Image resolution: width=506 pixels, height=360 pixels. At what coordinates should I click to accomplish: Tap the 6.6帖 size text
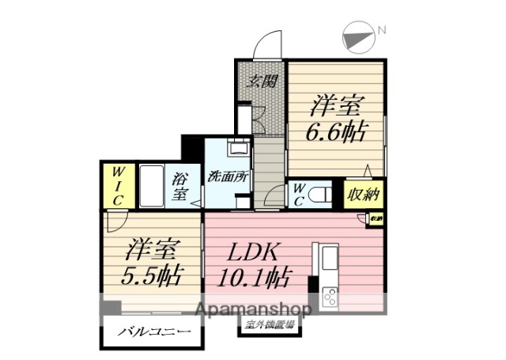pyautogui.click(x=336, y=131)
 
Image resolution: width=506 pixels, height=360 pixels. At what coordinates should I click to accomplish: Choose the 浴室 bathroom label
pyautogui.click(x=180, y=186)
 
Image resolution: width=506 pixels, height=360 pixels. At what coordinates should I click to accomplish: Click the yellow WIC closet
pyautogui.click(x=117, y=185)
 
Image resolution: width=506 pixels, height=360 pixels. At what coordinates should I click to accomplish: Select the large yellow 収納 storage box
pyautogui.click(x=364, y=194)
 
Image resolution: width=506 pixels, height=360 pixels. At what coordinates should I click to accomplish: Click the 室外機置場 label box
pyautogui.click(x=268, y=324)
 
